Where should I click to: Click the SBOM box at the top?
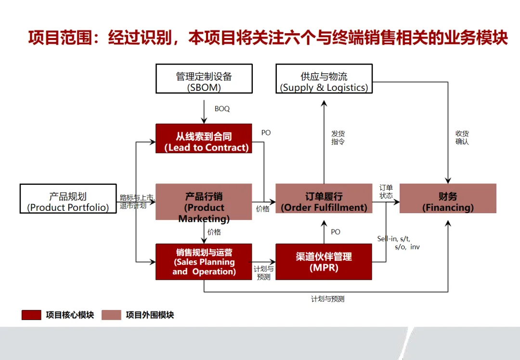click(x=204, y=78)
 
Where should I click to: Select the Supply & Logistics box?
click(x=324, y=78)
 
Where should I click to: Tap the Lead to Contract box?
click(x=204, y=139)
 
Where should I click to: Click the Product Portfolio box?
click(x=68, y=198)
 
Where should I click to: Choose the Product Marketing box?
click(x=204, y=202)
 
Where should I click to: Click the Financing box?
click(x=448, y=198)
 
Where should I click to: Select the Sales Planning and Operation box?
click(x=204, y=262)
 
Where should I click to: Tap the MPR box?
click(x=324, y=262)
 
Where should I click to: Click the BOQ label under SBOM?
click(x=222, y=109)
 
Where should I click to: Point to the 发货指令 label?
click(x=338, y=138)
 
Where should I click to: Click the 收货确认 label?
click(x=462, y=138)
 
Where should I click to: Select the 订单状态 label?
click(x=386, y=192)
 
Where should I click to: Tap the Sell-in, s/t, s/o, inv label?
click(x=399, y=243)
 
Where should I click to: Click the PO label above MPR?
click(x=336, y=232)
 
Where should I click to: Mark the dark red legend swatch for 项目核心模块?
click(x=31, y=315)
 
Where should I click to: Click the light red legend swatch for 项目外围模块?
click(x=111, y=315)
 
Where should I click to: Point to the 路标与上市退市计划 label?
click(x=137, y=201)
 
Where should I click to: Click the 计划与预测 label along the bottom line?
click(x=328, y=299)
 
